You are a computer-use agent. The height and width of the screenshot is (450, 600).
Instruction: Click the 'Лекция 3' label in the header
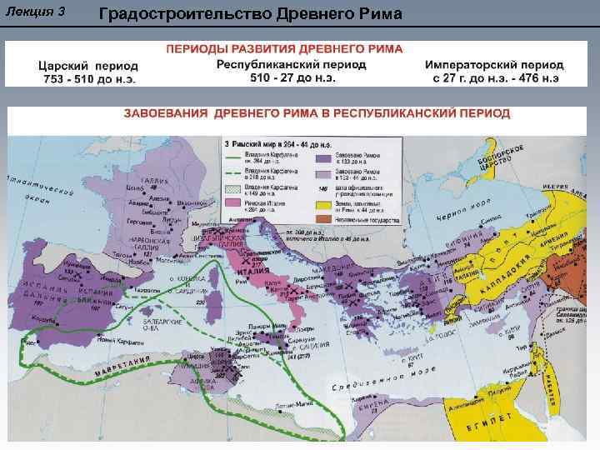tap(36, 13)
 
